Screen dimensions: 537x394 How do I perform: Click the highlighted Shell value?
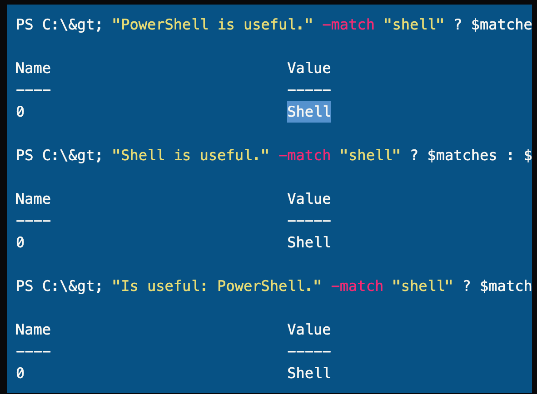[x=309, y=112]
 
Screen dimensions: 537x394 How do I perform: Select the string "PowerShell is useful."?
[x=212, y=25]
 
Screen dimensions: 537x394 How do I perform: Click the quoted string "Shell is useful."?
[x=190, y=155]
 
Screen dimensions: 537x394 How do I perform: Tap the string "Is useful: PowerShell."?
[x=217, y=286]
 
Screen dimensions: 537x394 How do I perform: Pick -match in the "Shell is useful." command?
[x=304, y=155]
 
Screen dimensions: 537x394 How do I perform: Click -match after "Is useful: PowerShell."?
[x=357, y=286]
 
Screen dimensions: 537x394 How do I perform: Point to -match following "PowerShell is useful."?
[x=348, y=25]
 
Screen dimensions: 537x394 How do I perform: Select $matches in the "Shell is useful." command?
[x=462, y=155]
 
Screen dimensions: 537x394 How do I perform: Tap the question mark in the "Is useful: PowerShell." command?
[x=467, y=286]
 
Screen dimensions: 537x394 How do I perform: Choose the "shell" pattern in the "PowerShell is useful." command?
[x=414, y=25]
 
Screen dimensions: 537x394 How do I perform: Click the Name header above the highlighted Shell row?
[x=33, y=68]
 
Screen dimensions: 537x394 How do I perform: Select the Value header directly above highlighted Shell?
[x=309, y=68]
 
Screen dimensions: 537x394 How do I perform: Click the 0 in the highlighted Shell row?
[x=20, y=112]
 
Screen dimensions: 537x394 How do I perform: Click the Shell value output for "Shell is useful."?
[x=309, y=242]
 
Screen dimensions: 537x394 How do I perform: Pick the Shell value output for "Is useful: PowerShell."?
[x=309, y=373]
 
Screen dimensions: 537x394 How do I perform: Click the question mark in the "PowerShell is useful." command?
[x=458, y=25]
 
